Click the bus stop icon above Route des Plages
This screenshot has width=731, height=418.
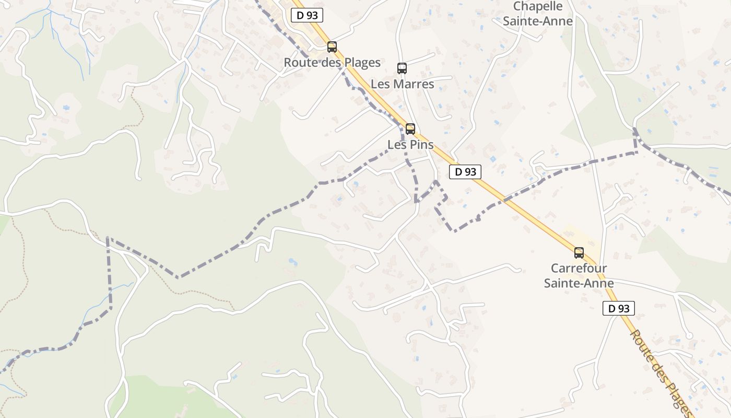point(332,47)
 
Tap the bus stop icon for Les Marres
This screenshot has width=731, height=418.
point(402,68)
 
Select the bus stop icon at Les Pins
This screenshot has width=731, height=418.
point(410,129)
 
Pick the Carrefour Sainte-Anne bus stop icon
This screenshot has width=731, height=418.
point(579,253)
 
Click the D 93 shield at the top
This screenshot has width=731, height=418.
point(307,15)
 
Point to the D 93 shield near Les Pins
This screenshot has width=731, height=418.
point(465,172)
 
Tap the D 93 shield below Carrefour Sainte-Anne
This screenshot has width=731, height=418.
point(619,308)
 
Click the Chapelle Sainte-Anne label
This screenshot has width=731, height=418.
point(538,14)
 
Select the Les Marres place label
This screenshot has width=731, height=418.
point(402,84)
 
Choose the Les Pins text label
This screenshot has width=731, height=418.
point(410,145)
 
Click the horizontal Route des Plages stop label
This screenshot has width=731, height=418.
point(332,63)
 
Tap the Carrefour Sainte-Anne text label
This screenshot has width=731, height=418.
point(579,275)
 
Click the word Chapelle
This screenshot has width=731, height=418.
point(538,6)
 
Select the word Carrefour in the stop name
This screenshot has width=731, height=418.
point(579,268)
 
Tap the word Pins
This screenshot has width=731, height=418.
point(421,145)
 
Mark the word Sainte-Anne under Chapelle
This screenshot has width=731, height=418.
point(538,21)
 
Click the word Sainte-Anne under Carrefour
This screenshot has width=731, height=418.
point(579,283)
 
